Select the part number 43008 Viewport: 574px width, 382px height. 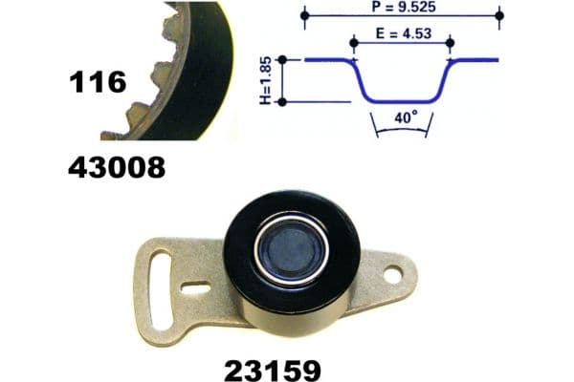117,168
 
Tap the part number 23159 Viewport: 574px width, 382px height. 274,368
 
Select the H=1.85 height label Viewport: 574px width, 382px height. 269,80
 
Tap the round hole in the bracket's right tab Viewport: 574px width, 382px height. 392,273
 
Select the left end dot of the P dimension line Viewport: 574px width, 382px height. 305,16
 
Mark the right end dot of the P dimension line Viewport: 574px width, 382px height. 499,16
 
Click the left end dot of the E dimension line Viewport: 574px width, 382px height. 354,44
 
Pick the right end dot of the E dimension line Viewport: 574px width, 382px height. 451,44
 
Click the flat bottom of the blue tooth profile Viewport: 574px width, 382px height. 402,100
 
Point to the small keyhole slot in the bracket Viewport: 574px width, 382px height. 195,285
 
